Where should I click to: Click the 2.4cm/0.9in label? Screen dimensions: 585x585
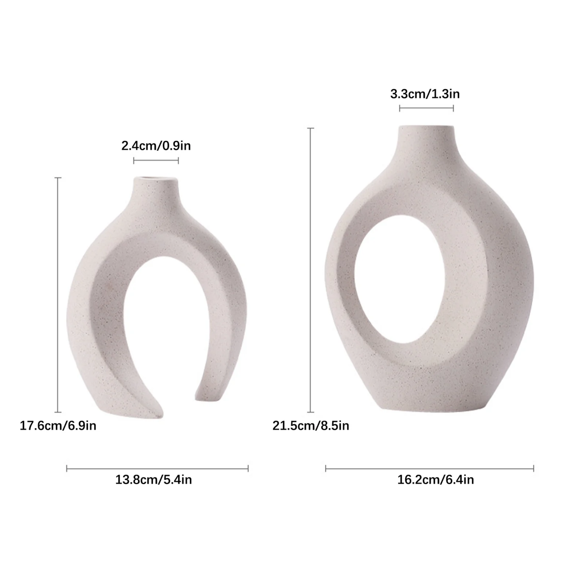(156, 146)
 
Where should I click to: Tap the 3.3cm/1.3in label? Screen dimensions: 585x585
(425, 94)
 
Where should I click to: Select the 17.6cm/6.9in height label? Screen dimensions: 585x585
(58, 426)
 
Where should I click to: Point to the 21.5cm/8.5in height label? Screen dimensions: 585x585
(311, 426)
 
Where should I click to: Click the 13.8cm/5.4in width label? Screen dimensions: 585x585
(154, 479)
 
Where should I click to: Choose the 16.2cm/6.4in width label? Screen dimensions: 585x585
(435, 479)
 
